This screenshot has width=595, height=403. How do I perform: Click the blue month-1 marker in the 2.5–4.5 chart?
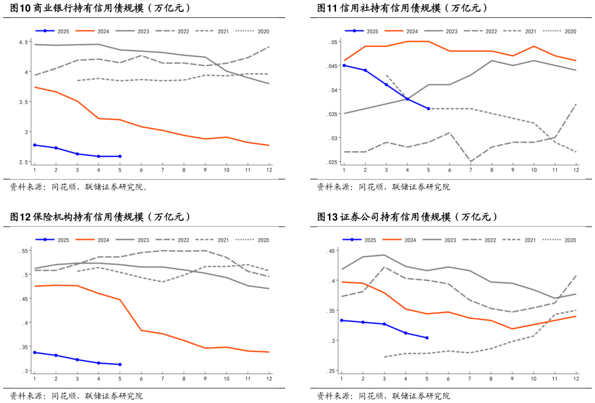[35, 145]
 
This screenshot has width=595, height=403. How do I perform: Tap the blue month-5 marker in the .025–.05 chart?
[428, 108]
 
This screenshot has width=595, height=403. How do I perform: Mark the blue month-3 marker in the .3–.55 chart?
[78, 360]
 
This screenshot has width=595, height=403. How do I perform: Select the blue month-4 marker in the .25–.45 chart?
[406, 333]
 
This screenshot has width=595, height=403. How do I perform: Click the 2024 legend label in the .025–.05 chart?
[411, 31]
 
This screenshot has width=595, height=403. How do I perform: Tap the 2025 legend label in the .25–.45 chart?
[370, 240]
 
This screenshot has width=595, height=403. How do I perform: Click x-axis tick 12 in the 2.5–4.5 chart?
[269, 170]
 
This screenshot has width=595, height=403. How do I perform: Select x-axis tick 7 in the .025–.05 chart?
[471, 170]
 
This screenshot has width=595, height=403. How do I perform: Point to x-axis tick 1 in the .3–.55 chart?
[35, 378]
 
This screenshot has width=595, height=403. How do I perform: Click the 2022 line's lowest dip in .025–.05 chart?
[471, 162]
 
